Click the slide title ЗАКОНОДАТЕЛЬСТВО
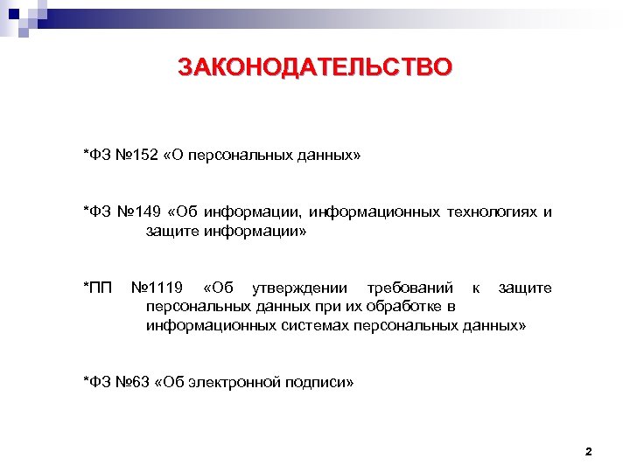[315, 67]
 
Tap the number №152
[137, 155]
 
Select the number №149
[141, 212]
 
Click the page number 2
[588, 452]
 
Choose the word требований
[409, 288]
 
